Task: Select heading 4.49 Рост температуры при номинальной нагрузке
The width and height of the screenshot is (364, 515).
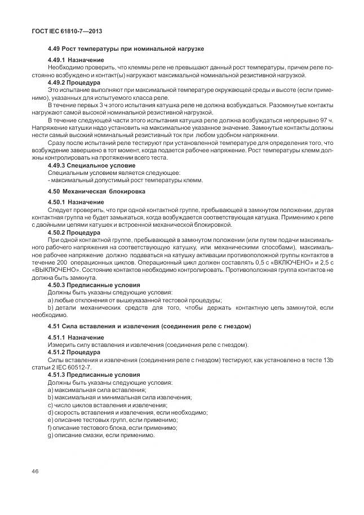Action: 125,50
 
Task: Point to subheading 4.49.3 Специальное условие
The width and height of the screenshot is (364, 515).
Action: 91,165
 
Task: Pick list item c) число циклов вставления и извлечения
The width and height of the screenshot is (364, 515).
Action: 107,405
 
